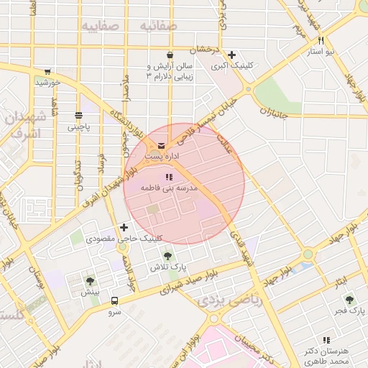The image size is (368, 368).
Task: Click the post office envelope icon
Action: click(x=161, y=146)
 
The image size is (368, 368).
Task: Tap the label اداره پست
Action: click(x=157, y=156)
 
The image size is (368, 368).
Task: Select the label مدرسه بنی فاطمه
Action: click(x=169, y=187)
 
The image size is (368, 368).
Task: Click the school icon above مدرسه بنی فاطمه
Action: click(x=169, y=177)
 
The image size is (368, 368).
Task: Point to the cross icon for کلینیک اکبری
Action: click(x=231, y=55)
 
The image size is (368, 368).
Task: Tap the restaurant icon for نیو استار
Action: click(x=321, y=41)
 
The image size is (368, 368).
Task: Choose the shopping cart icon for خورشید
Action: click(x=47, y=72)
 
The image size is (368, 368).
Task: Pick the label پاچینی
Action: click(x=80, y=126)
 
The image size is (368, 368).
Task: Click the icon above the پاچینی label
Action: click(x=78, y=116)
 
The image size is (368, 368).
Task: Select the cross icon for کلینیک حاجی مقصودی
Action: click(x=124, y=227)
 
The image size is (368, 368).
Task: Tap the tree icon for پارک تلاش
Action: click(x=167, y=255)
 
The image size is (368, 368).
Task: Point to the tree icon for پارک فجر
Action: click(x=349, y=300)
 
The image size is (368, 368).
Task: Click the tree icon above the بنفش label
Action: click(x=90, y=281)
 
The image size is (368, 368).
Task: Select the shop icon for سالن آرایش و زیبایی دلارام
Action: click(x=170, y=55)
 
